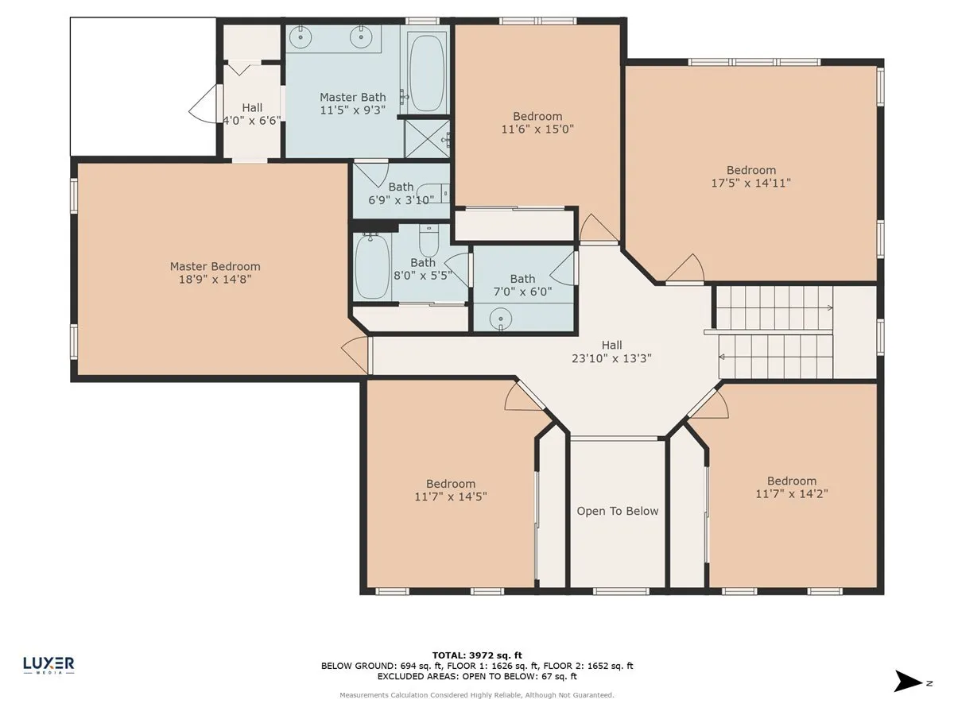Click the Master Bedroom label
(x=215, y=266)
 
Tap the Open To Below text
(x=617, y=511)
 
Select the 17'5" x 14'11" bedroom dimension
(x=750, y=183)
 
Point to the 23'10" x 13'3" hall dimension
(x=611, y=358)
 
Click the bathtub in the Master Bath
(x=427, y=73)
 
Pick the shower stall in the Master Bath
(x=427, y=138)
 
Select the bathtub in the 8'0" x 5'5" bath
(x=371, y=265)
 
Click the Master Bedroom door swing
(x=355, y=354)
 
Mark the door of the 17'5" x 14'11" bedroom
(x=685, y=269)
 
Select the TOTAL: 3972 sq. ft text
(x=477, y=655)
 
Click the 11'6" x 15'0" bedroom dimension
(x=537, y=129)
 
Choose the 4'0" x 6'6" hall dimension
(x=252, y=120)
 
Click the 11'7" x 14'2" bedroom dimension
(x=792, y=493)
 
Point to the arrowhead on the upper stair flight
(x=830, y=307)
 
